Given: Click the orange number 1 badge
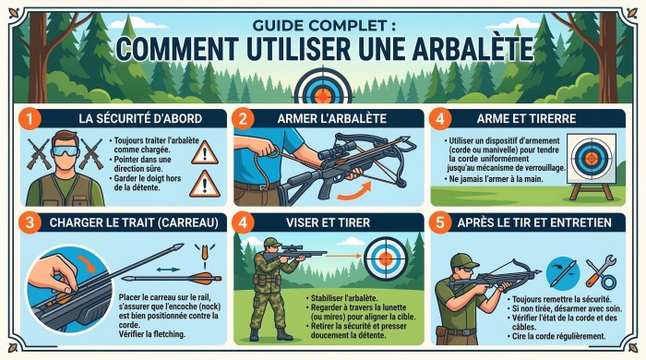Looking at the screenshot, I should coord(30,118).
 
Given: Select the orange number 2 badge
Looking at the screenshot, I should coord(242,118).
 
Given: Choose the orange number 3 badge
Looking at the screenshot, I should coord(30,222).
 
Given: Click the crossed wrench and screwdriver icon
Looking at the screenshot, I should coord(601,271).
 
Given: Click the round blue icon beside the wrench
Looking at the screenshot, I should coord(562,271).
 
